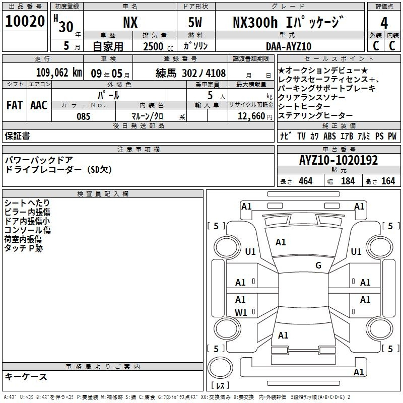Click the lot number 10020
[x=25, y=21]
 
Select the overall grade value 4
[x=384, y=23]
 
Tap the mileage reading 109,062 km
[x=59, y=73]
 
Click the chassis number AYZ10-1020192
[x=339, y=160]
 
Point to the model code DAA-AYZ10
[x=289, y=46]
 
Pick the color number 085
[x=83, y=116]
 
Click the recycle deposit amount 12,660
[x=251, y=116]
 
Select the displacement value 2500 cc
[x=158, y=46]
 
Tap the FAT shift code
[x=15, y=105]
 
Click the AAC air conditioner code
[x=39, y=105]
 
